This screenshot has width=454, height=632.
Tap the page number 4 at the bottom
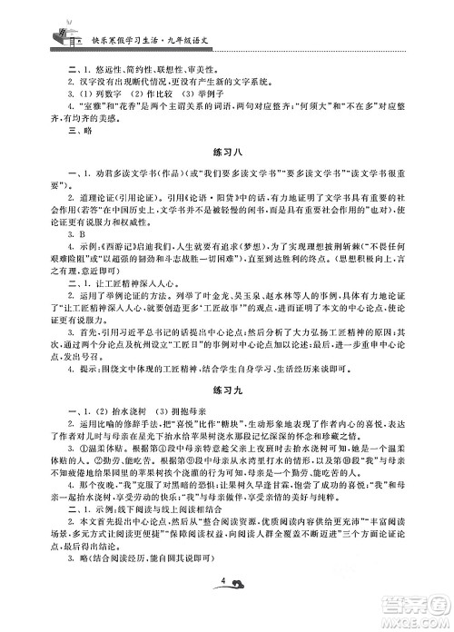[x=222, y=604]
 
